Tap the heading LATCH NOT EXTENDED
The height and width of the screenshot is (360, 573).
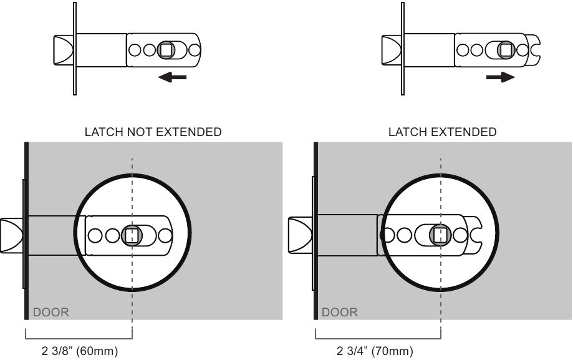153,132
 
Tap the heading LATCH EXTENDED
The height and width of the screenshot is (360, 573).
442,132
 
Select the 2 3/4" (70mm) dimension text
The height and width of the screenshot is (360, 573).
374,351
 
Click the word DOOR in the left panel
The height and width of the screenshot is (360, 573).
51,312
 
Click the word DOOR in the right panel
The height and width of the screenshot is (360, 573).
340,312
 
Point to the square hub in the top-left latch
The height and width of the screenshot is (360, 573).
167,50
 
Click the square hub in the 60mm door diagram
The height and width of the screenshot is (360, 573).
132,235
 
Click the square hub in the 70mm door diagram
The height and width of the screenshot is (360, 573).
441,235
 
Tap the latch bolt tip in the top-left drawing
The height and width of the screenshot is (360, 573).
60,49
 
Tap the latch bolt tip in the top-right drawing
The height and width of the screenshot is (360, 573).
390,49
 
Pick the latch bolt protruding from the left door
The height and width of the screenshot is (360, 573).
12,235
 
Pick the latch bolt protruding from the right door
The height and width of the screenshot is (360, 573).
301,235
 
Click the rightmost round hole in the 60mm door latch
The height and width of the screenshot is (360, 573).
165,235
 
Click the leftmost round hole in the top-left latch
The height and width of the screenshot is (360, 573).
136,50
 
